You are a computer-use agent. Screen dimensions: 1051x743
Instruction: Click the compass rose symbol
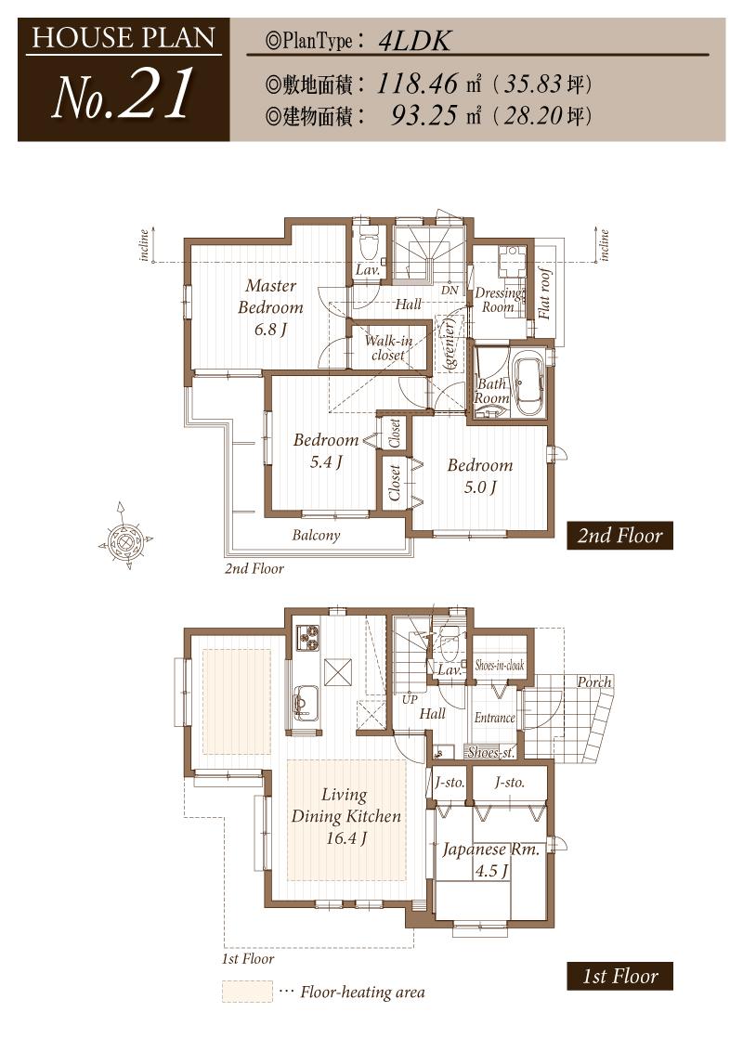(124, 538)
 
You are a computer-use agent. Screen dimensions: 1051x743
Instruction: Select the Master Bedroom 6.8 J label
(270, 307)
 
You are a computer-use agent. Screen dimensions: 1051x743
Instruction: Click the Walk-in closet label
(388, 347)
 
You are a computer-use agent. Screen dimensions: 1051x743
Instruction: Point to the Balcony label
(316, 535)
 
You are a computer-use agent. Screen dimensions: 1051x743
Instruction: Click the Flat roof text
(545, 293)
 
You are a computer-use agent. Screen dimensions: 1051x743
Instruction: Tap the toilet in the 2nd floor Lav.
(368, 245)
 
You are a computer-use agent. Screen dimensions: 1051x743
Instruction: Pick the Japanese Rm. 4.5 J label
(489, 860)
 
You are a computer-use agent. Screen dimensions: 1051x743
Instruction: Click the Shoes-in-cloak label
(500, 666)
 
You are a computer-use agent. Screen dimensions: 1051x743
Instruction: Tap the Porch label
(594, 681)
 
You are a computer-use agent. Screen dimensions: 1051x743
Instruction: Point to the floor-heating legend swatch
(247, 992)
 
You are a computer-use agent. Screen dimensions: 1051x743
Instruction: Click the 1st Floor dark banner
(619, 976)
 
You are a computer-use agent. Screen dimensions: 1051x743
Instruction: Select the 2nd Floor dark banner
(619, 536)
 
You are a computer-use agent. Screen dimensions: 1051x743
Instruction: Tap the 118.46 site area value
(418, 84)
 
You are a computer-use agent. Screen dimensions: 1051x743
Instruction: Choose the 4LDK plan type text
(415, 41)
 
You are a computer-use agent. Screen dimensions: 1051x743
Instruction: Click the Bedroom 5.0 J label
(479, 475)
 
